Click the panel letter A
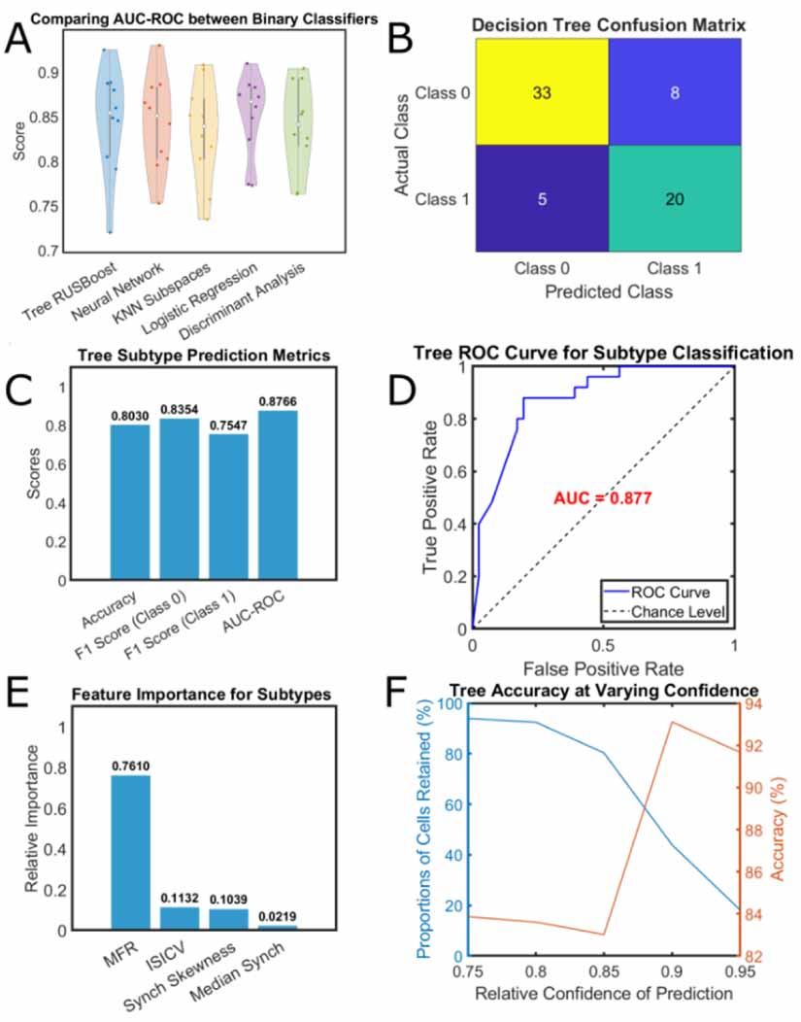coord(26,44)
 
